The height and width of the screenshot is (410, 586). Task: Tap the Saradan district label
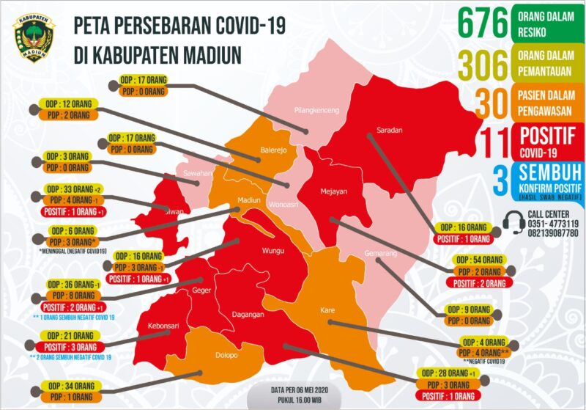point(390,131)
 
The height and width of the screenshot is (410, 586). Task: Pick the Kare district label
point(327,310)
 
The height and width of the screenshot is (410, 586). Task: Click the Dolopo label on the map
point(226,356)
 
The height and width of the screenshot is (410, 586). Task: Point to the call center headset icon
point(513,223)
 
